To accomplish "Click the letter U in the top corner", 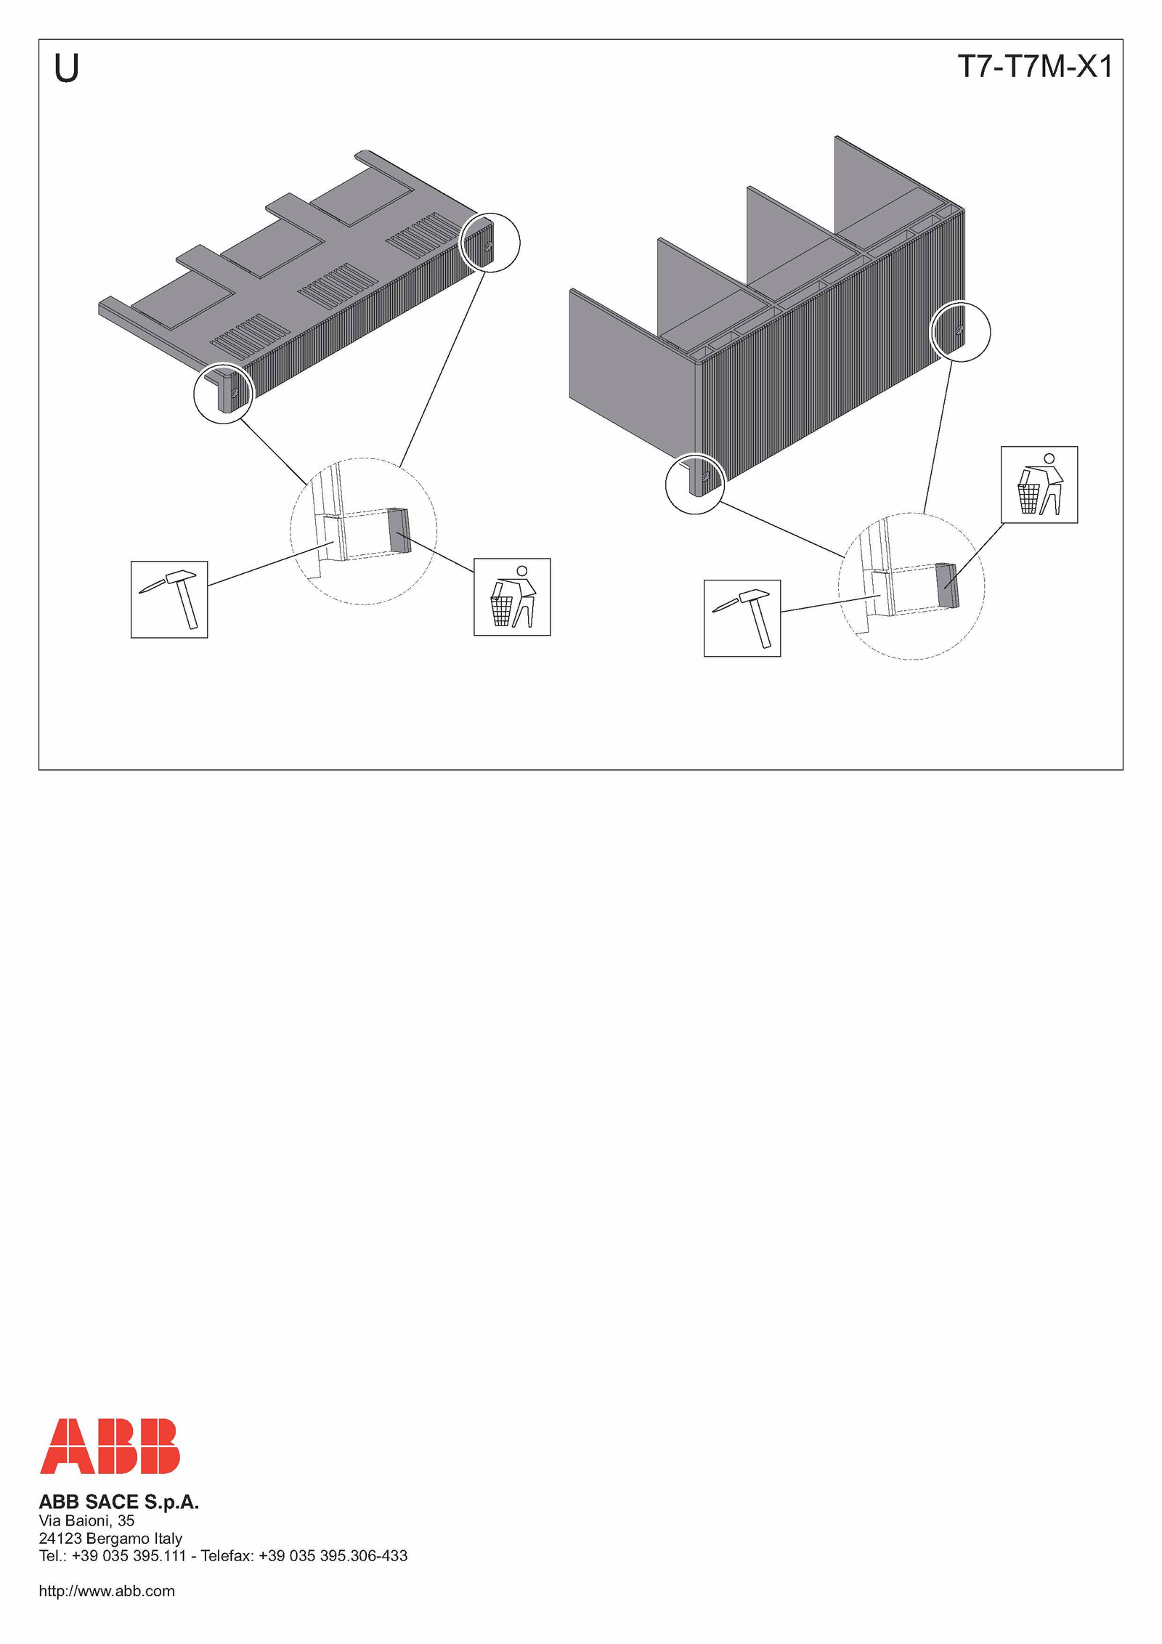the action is point(66,68).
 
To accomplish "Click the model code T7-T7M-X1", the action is point(1035,67).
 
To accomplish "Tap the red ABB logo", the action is point(110,1446).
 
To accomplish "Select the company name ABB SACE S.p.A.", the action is point(118,1502).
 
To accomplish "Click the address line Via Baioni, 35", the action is point(86,1521).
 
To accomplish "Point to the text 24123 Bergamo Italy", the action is point(110,1538).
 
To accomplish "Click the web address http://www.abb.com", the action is point(107,1591).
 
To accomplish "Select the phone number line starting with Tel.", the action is point(223,1555).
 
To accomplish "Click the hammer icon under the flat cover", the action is point(169,599).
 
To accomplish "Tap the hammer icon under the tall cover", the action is point(742,618).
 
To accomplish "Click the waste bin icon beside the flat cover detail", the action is point(512,597).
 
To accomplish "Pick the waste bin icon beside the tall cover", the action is point(1039,485).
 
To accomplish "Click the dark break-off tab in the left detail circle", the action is point(399,530).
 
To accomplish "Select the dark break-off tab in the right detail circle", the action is point(948,585).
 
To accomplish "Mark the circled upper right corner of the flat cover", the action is point(491,243).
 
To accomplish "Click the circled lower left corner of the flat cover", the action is point(224,394).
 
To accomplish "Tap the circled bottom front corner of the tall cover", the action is point(695,484).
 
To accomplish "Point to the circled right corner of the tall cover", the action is point(961,331).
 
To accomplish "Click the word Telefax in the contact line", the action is point(227,1555).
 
